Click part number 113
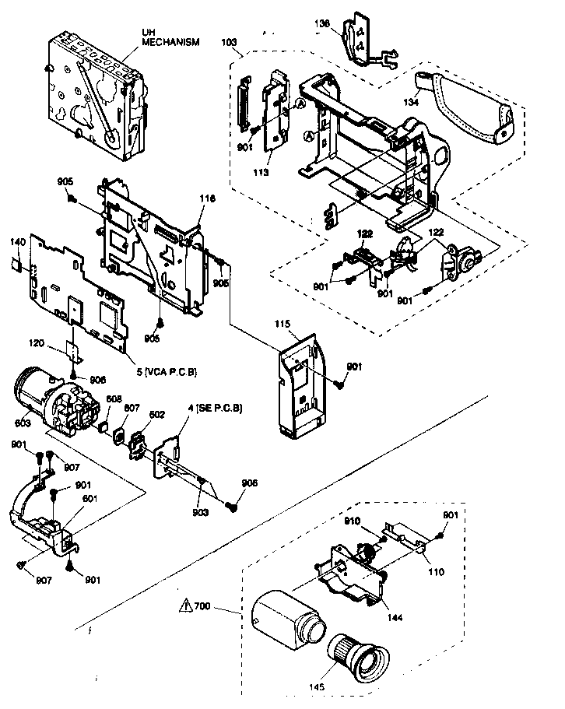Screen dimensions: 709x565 pyautogui.click(x=261, y=173)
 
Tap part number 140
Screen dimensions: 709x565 pyautogui.click(x=18, y=244)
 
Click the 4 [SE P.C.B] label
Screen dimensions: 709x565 pyautogui.click(x=216, y=409)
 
